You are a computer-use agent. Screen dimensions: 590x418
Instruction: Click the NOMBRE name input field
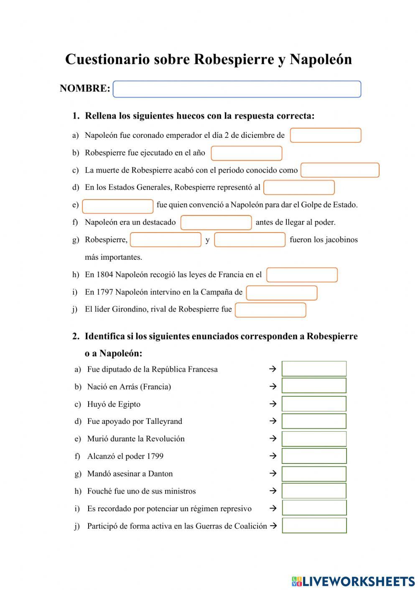(237, 89)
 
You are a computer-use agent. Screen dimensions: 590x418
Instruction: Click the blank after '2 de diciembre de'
(325, 135)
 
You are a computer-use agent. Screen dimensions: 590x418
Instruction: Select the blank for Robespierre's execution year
(246, 153)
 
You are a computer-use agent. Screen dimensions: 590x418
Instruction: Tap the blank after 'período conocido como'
(339, 170)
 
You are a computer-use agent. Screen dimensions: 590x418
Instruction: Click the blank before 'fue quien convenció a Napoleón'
(118, 206)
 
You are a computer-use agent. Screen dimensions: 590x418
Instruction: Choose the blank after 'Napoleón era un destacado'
(216, 223)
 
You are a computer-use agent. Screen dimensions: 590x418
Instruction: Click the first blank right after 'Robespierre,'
(166, 240)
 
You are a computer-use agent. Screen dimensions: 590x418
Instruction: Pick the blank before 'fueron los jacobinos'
(250, 240)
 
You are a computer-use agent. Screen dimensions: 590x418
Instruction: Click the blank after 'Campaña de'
(281, 293)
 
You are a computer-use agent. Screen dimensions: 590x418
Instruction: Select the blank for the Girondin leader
(270, 310)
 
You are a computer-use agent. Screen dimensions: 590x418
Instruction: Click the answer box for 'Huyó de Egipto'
(314, 404)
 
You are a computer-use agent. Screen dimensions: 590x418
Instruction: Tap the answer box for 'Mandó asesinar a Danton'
(314, 474)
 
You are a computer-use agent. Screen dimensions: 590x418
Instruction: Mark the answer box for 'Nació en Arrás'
(314, 386)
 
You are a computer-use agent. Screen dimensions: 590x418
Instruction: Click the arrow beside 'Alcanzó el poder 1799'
(273, 456)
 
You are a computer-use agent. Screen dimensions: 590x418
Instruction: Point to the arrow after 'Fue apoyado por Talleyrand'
(273, 421)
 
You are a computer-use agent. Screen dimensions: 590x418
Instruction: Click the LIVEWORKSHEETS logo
(353, 581)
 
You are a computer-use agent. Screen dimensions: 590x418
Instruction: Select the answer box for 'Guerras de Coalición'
(314, 526)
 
